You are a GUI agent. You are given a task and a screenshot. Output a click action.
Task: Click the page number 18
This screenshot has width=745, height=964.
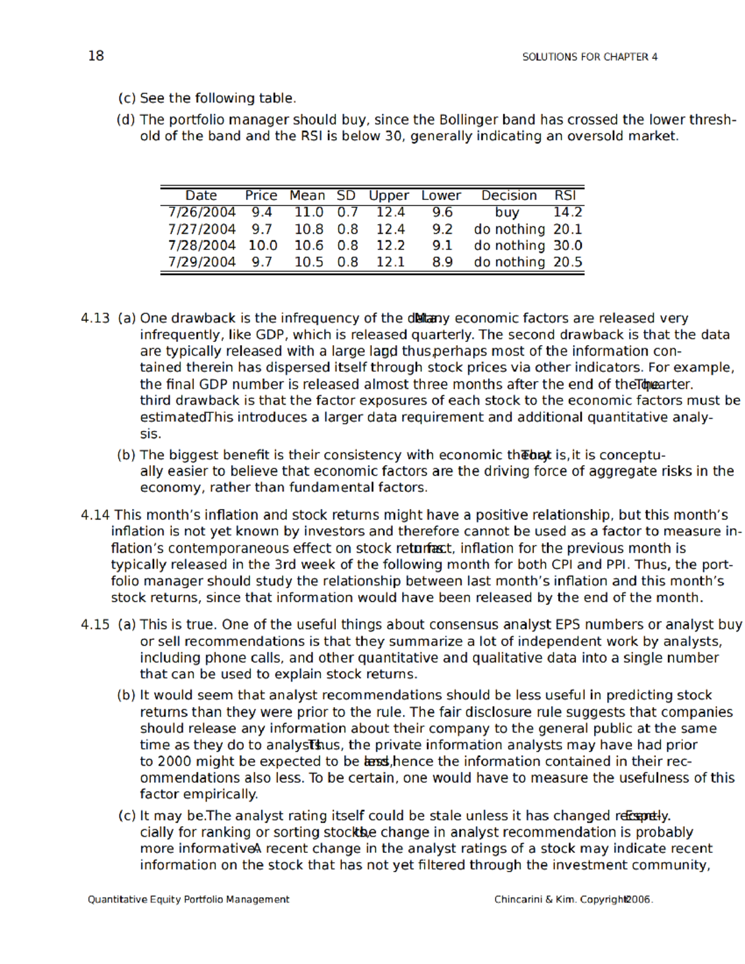[96, 56]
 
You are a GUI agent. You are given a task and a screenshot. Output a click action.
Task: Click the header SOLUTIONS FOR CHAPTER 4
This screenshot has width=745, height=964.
[589, 57]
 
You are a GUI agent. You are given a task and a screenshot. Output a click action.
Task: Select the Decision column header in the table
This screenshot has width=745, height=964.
[508, 196]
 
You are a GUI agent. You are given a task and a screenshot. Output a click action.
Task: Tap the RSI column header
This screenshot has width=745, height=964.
[565, 196]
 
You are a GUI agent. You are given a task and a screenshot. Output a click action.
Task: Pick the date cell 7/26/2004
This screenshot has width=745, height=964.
[202, 212]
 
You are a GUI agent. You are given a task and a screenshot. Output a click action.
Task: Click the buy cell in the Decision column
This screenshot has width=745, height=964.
[507, 212]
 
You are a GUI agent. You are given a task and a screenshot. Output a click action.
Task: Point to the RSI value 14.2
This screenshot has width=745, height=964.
[567, 212]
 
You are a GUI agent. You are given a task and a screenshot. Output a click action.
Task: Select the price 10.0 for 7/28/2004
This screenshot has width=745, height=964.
[263, 246]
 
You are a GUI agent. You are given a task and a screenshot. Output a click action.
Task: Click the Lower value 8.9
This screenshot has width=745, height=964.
[442, 263]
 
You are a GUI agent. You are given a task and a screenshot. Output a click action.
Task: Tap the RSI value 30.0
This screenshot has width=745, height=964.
[567, 246]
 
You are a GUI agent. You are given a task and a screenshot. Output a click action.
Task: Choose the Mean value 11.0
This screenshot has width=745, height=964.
[309, 212]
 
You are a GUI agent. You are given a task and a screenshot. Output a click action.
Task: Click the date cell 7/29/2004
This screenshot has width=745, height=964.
[202, 263]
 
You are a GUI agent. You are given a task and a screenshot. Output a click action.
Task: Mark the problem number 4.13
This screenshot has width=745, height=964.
[95, 318]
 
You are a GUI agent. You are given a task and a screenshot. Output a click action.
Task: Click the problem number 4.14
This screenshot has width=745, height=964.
[95, 515]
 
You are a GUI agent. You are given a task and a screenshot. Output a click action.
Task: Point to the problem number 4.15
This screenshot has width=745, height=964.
[95, 625]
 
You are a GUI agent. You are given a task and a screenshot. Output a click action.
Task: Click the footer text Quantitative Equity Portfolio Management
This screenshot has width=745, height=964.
[188, 899]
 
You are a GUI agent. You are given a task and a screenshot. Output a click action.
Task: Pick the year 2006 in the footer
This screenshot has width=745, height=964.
[639, 899]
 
